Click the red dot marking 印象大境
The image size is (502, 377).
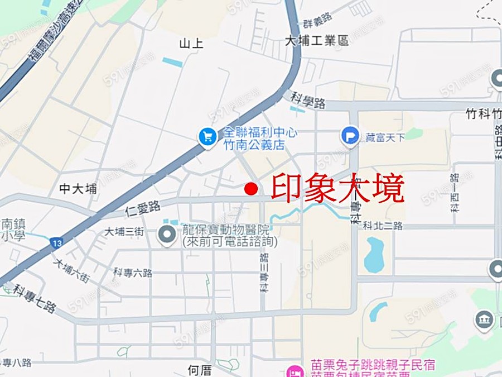tap(251, 189)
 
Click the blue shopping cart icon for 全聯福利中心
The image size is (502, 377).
tap(207, 136)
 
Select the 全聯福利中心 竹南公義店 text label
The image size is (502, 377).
tap(260, 139)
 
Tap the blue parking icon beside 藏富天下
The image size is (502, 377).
tap(350, 136)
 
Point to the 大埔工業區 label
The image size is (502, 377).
tap(316, 41)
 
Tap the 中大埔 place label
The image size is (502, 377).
tap(78, 189)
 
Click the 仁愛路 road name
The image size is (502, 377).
tap(143, 209)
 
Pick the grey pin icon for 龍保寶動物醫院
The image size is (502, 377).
tap(167, 235)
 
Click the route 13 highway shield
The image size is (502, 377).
tap(56, 243)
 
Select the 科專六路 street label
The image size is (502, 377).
tap(133, 273)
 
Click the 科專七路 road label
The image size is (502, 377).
tap(35, 299)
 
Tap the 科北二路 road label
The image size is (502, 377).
tap(382, 226)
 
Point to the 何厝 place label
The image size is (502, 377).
tap(200, 370)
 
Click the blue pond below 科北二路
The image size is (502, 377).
tap(374, 254)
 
